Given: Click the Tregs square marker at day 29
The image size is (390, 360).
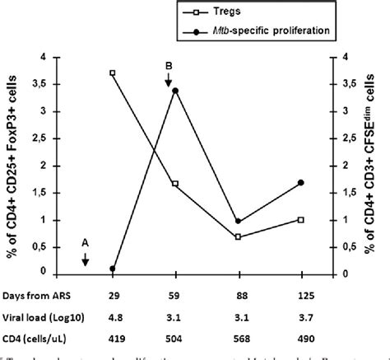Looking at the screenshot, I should tap(112, 72).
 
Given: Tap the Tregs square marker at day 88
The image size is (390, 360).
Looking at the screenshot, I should tap(238, 236).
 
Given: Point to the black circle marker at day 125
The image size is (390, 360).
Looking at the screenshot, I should tap(301, 182).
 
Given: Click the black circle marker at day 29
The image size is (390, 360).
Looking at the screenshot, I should tap(112, 269).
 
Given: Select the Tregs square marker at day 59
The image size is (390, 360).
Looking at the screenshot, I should tap(175, 183).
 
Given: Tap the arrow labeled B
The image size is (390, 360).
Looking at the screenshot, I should tap(168, 77).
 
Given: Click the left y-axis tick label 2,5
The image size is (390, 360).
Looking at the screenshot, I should tap(39, 138).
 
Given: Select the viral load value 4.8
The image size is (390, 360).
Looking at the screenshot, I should tap(112, 313).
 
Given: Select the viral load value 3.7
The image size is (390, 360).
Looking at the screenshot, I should tap(301, 313).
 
